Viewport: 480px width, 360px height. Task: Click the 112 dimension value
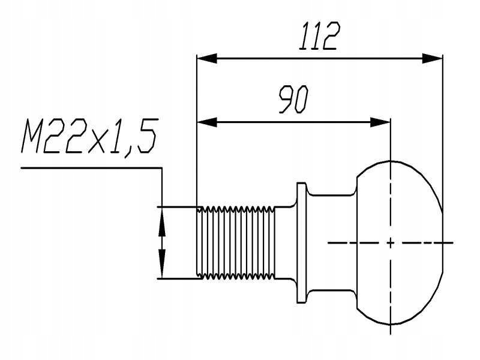tap(318, 37)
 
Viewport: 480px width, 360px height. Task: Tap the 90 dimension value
tap(293, 101)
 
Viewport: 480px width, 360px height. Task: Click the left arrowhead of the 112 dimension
tap(206, 58)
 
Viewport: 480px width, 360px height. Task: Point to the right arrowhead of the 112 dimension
tap(432, 58)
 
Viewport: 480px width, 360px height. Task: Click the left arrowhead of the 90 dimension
tap(206, 122)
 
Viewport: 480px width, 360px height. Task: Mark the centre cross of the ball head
tap(391, 242)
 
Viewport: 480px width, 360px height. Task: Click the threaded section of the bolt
tap(236, 242)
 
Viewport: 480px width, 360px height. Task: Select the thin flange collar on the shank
tap(302, 242)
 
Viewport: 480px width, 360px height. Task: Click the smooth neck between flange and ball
tap(333, 242)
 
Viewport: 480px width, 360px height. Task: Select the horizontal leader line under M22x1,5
tap(90, 168)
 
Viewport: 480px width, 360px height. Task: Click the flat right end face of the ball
tap(443, 242)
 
